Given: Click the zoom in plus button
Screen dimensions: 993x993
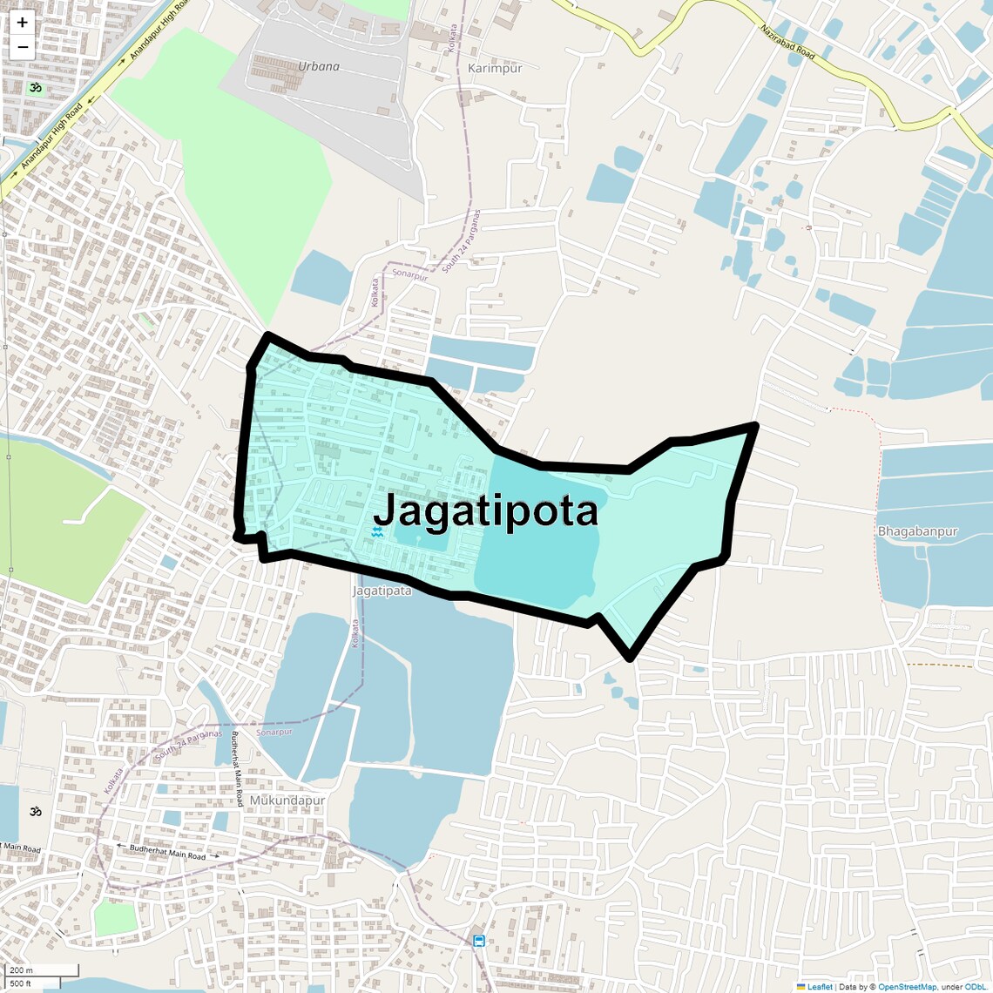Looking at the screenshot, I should pos(22,23).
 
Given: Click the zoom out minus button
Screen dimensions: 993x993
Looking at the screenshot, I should pos(22,47).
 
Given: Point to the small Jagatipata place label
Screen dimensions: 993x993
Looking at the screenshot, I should pos(382,591).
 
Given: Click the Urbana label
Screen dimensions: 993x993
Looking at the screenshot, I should pos(319,66).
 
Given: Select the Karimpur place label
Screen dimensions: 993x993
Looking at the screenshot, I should pos(495,68).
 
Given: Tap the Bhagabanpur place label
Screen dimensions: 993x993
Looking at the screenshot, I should pos(917,531).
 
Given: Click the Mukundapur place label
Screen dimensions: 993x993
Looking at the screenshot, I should pos(287,800).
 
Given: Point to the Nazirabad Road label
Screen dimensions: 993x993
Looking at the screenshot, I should pos(787,42).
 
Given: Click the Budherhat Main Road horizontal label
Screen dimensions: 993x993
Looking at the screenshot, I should pos(167,851).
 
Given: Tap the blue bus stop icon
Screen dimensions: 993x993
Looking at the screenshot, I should pos(479,941).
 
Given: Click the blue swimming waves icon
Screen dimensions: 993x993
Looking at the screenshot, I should pos(378,531).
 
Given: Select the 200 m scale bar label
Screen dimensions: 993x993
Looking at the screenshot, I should pos(21,970).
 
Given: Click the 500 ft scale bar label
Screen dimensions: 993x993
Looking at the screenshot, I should pos(21,983).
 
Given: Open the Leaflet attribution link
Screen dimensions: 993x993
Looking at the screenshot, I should pos(819,987).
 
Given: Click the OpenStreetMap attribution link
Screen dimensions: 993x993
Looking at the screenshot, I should pos(906,987).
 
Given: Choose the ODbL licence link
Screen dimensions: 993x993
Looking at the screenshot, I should pos(975,987).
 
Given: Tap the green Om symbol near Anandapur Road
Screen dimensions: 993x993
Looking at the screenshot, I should pos(36,88).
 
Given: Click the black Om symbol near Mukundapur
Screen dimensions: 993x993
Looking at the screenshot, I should pos(36,811).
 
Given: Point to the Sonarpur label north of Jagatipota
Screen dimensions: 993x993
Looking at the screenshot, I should pos(409,275).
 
